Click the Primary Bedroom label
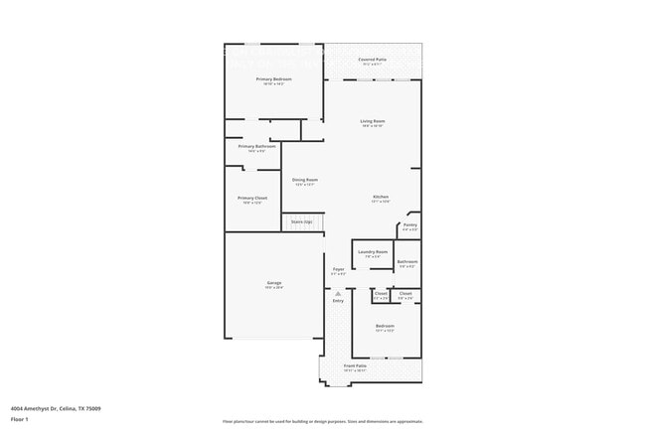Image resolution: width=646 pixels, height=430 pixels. pyautogui.click(x=273, y=79)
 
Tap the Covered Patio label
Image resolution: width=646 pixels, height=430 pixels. pyautogui.click(x=373, y=61)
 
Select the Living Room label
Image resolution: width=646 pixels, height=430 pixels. pyautogui.click(x=373, y=122)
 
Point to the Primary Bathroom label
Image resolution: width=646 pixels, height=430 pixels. pyautogui.click(x=257, y=147)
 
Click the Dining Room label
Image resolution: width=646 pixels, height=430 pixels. pyautogui.click(x=304, y=181)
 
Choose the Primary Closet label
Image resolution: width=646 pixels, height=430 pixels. pyautogui.click(x=252, y=199)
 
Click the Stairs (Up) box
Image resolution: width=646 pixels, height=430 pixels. pyautogui.click(x=301, y=221)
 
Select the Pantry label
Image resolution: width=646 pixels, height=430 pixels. pyautogui.click(x=409, y=226)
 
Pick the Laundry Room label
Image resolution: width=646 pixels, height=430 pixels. pyautogui.click(x=374, y=253)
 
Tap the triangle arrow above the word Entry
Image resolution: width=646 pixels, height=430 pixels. pyautogui.click(x=338, y=293)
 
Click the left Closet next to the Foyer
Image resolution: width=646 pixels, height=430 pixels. pyautogui.click(x=381, y=294)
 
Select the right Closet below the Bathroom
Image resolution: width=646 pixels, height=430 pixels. pyautogui.click(x=405, y=294)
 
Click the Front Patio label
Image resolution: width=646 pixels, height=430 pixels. pyautogui.click(x=356, y=366)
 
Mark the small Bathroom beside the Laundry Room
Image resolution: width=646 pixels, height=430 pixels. pyautogui.click(x=407, y=263)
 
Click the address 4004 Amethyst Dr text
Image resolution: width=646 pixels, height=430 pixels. pyautogui.click(x=55, y=408)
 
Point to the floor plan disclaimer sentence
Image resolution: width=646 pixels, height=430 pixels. pyautogui.click(x=323, y=421)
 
